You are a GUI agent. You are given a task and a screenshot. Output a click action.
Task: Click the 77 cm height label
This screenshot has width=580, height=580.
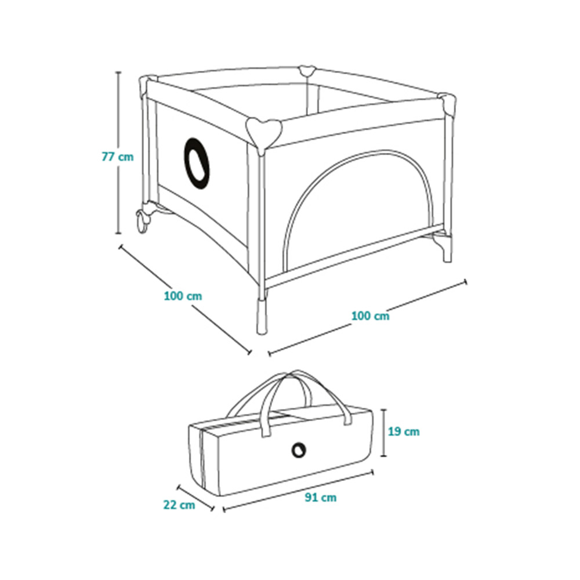[x=118, y=157]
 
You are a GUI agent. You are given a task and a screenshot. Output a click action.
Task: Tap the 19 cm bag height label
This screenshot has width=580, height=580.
[x=404, y=432]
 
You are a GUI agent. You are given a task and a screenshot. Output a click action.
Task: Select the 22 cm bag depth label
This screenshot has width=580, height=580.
[x=179, y=505]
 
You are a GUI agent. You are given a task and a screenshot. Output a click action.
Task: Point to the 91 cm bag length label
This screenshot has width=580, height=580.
[x=321, y=498]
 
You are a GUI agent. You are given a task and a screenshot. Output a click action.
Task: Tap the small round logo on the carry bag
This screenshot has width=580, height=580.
[x=299, y=450]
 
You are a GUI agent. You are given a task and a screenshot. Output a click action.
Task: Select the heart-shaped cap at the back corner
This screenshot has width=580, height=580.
[x=307, y=70]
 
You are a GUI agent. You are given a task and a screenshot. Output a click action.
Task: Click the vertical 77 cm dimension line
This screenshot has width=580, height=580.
[x=118, y=153]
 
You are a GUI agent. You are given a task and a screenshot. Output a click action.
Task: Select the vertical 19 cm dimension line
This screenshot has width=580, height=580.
[x=384, y=432]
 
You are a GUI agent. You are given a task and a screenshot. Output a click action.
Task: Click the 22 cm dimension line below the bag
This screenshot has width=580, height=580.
[x=195, y=498]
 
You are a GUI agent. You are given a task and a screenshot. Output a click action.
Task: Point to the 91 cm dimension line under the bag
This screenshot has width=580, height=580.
[x=298, y=491]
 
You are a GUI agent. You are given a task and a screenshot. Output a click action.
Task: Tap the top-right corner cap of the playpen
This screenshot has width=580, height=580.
[x=448, y=103]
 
